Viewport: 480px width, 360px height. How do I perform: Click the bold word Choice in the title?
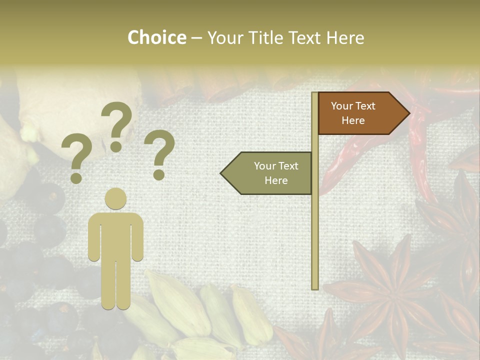(x=156, y=37)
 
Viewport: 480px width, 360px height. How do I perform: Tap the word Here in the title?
(x=344, y=37)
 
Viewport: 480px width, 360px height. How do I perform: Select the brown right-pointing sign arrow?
(x=360, y=113)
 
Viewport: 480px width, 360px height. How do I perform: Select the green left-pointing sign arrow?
(x=270, y=173)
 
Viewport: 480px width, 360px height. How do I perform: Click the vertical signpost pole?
(x=315, y=225)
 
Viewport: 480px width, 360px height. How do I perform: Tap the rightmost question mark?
(x=160, y=153)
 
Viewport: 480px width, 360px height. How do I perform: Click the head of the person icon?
(x=115, y=198)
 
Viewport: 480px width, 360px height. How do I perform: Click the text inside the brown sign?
(x=353, y=113)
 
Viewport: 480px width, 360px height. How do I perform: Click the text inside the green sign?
(x=276, y=173)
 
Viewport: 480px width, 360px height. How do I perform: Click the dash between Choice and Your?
(x=196, y=38)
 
